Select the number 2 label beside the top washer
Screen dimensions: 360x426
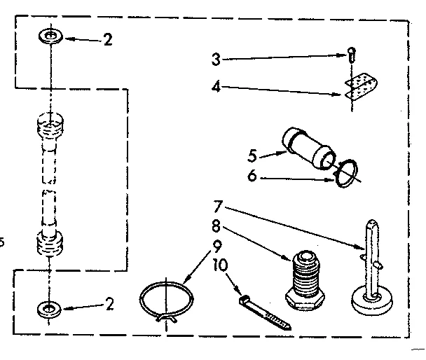click(x=107, y=40)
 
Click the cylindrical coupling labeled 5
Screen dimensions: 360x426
click(x=305, y=149)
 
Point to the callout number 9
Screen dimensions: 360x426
click(x=218, y=247)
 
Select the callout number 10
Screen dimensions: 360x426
click(x=220, y=266)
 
